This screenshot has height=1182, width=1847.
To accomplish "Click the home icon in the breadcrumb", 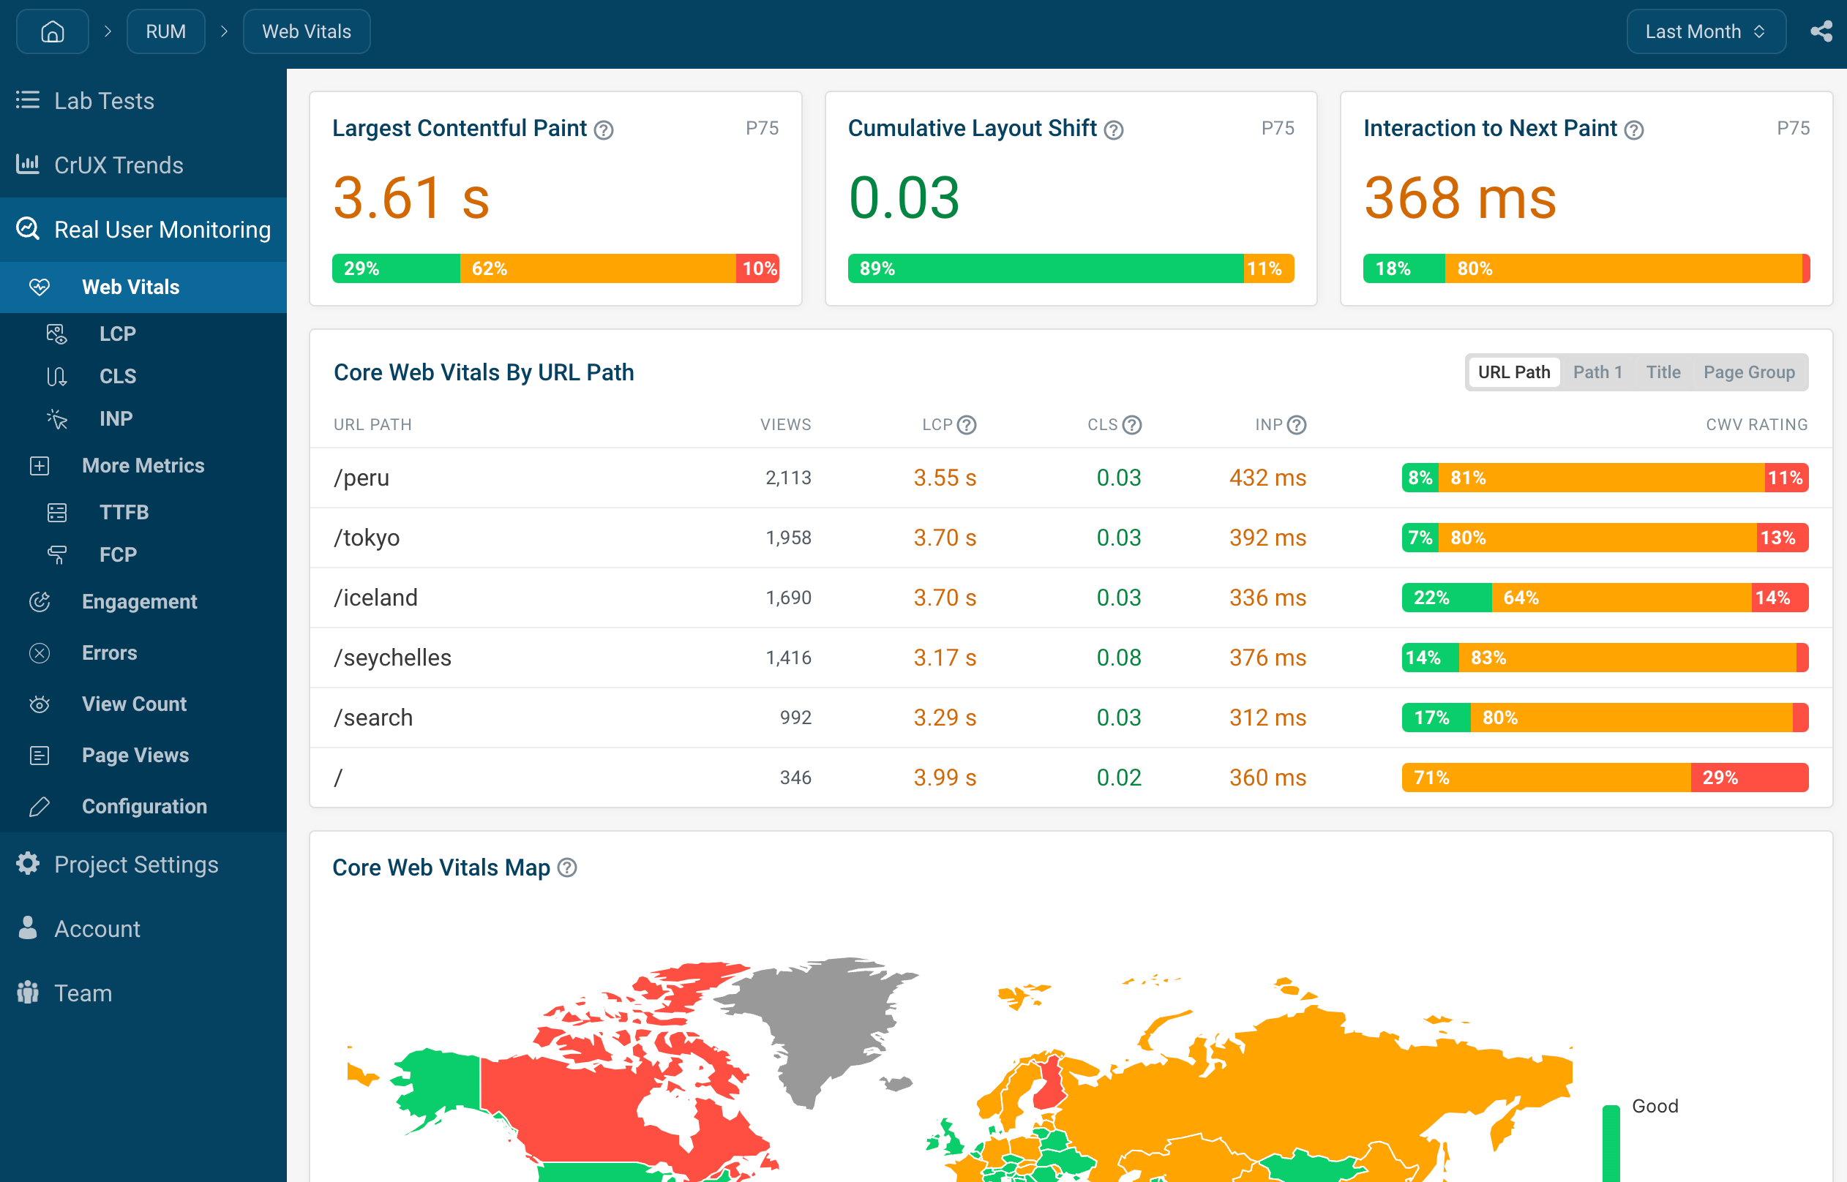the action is pyautogui.click(x=52, y=31).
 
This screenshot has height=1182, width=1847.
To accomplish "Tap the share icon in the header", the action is pyautogui.click(x=1821, y=31).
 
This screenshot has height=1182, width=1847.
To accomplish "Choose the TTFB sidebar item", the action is pyautogui.click(x=124, y=512).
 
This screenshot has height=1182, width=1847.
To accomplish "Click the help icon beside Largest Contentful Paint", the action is pyautogui.click(x=604, y=130).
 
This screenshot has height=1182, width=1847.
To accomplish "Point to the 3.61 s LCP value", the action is pyautogui.click(x=411, y=198).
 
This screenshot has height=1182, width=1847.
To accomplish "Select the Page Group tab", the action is pyautogui.click(x=1750, y=372).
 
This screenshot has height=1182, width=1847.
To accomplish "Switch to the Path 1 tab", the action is pyautogui.click(x=1597, y=372).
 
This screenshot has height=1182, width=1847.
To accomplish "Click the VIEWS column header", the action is pyautogui.click(x=785, y=424).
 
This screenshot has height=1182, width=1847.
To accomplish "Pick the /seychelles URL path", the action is pyautogui.click(x=392, y=658).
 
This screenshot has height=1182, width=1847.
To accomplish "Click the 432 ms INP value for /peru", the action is pyautogui.click(x=1267, y=478).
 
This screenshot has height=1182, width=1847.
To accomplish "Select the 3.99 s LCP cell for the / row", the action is pyautogui.click(x=944, y=778).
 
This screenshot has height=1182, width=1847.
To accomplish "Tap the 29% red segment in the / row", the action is pyautogui.click(x=1750, y=778).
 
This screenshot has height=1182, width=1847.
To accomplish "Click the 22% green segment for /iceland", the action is pyautogui.click(x=1446, y=598).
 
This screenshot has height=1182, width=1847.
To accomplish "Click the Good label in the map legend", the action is pyautogui.click(x=1655, y=1106).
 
